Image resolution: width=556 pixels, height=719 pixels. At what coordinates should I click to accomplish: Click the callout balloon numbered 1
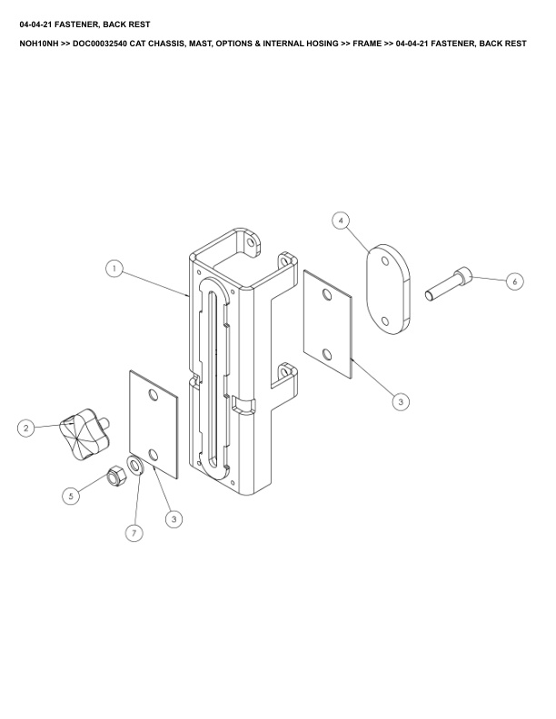tap(114, 268)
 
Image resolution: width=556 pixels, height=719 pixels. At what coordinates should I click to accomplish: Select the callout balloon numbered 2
tap(25, 428)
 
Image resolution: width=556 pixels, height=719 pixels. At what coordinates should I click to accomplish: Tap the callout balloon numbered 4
tap(341, 221)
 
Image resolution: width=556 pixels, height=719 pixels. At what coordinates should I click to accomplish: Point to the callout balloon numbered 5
tap(71, 496)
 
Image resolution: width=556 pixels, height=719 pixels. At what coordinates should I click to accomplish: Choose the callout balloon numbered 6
tap(514, 281)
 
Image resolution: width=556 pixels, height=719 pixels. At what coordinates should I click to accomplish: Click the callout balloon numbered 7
tap(134, 532)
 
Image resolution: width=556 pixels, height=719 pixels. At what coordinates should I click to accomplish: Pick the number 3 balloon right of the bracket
tap(401, 401)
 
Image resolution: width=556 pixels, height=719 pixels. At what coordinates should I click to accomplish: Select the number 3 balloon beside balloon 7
tap(174, 519)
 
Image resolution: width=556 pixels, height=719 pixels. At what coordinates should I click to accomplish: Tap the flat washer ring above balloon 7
tap(136, 466)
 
